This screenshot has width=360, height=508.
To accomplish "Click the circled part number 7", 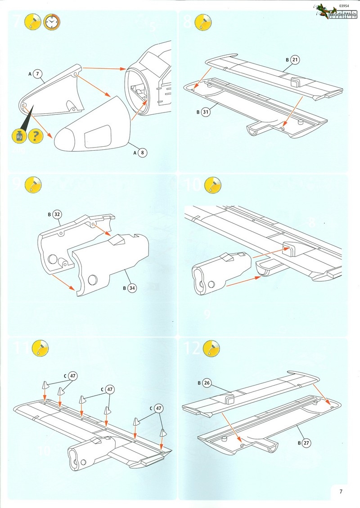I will pyautogui.click(x=38, y=73).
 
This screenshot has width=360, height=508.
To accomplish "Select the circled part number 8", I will pyautogui.click(x=142, y=153).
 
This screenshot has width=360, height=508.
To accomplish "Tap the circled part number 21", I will pyautogui.click(x=295, y=59).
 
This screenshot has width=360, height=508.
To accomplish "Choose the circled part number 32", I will pyautogui.click(x=57, y=214).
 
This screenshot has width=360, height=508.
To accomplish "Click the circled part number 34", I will pyautogui.click(x=131, y=288).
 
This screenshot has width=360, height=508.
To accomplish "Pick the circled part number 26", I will pyautogui.click(x=207, y=383).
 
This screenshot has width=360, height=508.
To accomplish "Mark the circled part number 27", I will pyautogui.click(x=306, y=443).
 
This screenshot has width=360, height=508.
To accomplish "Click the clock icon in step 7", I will pyautogui.click(x=51, y=22).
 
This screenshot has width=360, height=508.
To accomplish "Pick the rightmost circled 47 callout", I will pyautogui.click(x=158, y=409).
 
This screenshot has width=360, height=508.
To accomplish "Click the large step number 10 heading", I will pyautogui.click(x=192, y=185).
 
